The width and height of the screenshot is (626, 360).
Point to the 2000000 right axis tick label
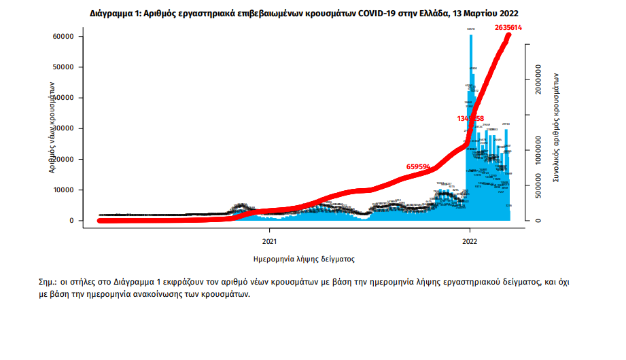[x=538, y=79]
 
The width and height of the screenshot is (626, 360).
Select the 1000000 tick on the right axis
[x=538, y=150]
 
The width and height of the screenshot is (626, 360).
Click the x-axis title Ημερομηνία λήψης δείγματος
[x=304, y=259]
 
